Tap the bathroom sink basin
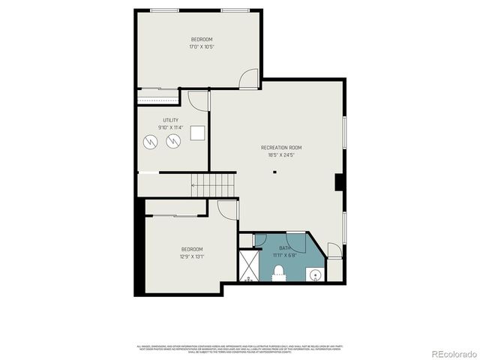(317, 274)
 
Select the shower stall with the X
(248, 265)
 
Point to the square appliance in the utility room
(197, 133)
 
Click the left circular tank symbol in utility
(150, 140)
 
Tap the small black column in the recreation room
(274, 172)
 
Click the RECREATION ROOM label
(280, 148)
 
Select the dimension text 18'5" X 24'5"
(280, 156)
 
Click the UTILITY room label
(170, 120)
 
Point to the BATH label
(285, 247)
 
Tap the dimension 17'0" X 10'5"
(201, 47)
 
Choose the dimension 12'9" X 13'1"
(191, 256)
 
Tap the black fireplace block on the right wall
(339, 183)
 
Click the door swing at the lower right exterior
(334, 251)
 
